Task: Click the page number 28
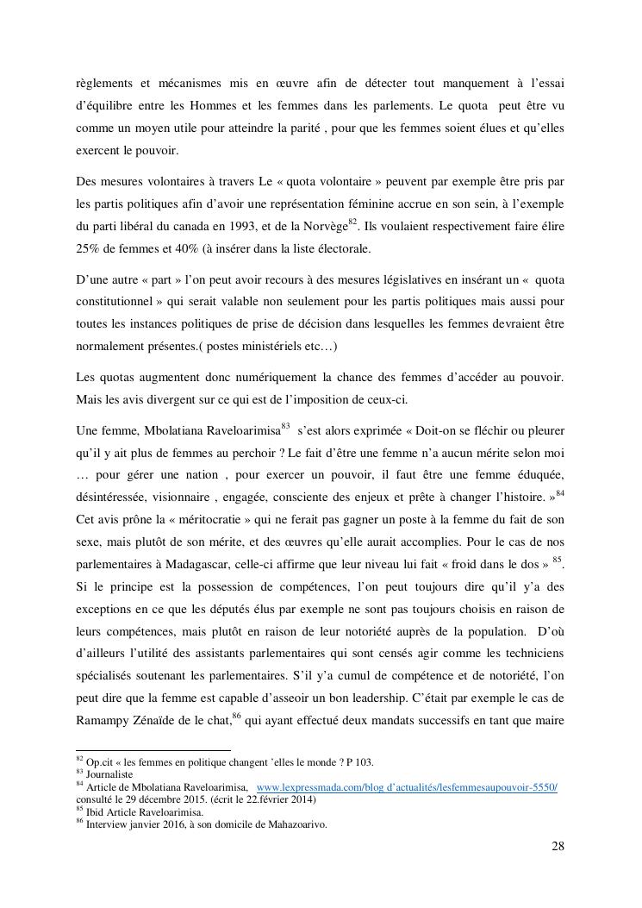click(x=558, y=845)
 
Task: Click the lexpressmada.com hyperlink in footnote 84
click(x=407, y=787)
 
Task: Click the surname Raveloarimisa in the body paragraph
click(x=240, y=428)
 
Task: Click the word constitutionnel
click(x=118, y=304)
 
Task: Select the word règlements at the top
click(x=104, y=84)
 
